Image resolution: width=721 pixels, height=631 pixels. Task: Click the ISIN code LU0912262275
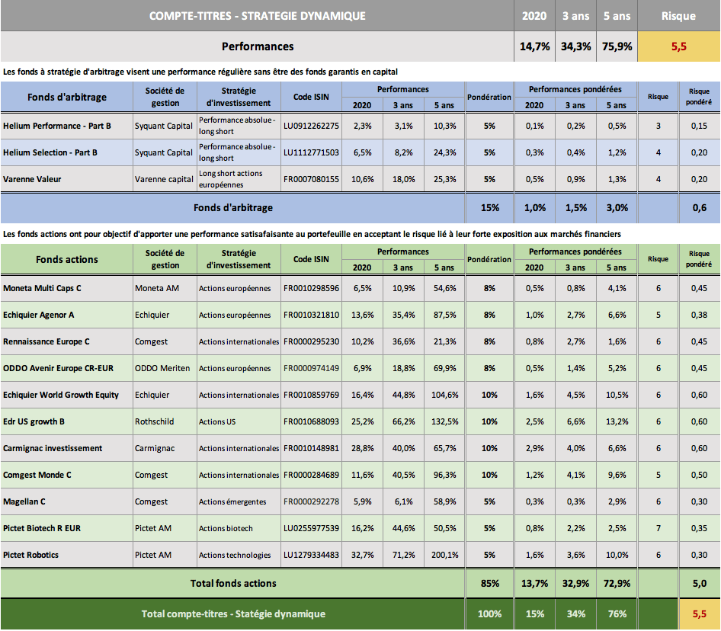point(311,126)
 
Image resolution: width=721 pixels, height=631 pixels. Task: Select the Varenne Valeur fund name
point(32,179)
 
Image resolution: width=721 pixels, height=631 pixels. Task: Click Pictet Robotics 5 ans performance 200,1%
point(444,555)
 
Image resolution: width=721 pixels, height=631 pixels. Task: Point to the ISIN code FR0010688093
point(311,421)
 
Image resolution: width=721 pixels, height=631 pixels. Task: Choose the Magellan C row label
point(24,501)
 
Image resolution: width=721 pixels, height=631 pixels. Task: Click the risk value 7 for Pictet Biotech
point(659,528)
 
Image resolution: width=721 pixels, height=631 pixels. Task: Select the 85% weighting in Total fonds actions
point(490,584)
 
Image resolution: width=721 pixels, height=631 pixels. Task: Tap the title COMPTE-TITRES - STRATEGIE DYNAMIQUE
point(258,16)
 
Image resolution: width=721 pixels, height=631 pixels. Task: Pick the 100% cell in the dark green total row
point(490,614)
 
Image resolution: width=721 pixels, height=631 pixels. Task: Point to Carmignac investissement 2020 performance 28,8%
point(362,448)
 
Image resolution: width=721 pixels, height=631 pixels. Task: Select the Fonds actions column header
point(66,260)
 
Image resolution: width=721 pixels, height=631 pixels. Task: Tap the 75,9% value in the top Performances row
point(617,46)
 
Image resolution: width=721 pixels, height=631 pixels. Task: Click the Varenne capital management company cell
point(164,179)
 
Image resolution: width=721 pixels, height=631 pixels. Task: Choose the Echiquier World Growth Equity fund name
point(61,395)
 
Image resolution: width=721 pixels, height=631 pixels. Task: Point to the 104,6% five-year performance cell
point(444,395)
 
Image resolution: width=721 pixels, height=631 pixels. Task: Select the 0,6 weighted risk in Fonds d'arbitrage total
point(700,208)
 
